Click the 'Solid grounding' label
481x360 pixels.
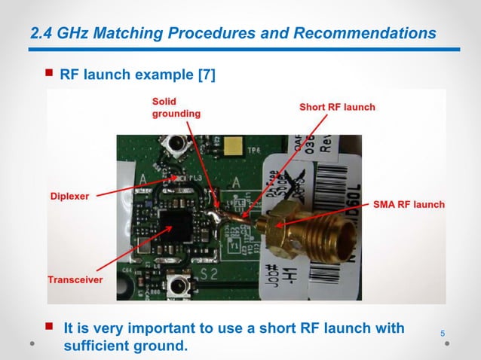click(x=176, y=107)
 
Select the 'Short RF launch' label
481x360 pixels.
click(x=336, y=107)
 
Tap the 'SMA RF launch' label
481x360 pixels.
click(x=408, y=204)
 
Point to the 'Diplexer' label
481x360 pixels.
click(x=69, y=196)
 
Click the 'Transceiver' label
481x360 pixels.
click(x=75, y=279)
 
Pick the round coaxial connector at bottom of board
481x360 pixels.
click(x=179, y=287)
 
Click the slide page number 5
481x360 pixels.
click(x=442, y=334)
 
